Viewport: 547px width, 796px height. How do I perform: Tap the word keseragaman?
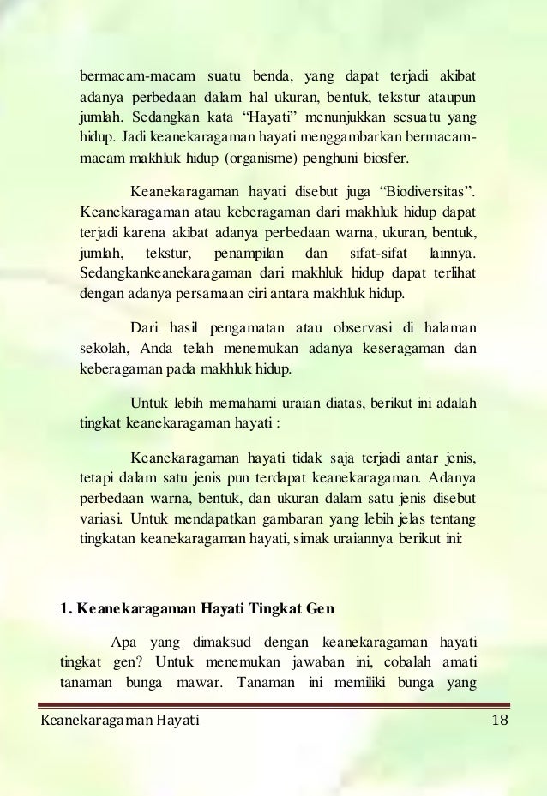394,349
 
